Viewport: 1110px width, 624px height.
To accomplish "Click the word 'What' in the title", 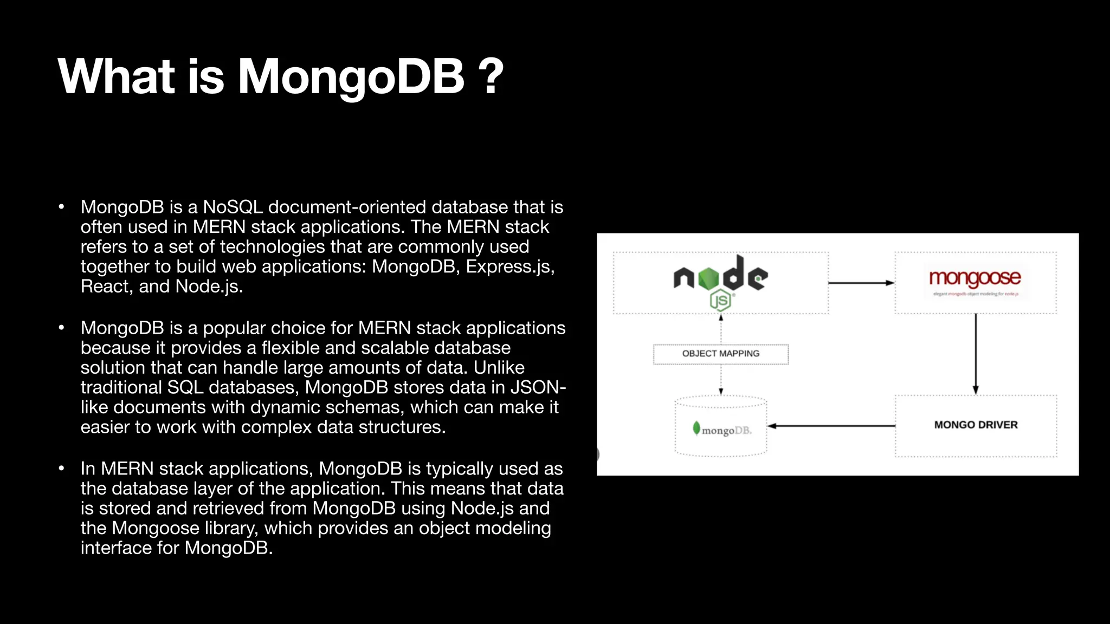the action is click(x=116, y=77).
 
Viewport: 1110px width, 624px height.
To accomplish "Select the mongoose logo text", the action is click(x=975, y=278).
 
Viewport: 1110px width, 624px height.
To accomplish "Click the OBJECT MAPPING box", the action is click(x=721, y=354).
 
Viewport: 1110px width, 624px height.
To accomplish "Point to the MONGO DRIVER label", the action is click(x=976, y=425).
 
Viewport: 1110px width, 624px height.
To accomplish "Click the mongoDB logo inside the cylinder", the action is click(x=722, y=430).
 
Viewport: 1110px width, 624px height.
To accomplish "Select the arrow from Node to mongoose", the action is click(x=861, y=283).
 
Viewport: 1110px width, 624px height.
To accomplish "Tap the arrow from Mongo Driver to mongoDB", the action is click(x=831, y=426).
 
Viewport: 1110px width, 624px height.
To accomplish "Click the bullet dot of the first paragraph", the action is click(x=62, y=207).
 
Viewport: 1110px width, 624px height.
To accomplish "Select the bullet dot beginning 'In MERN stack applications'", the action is click(x=62, y=469).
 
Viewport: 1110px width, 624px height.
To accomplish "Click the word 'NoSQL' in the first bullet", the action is click(x=233, y=207).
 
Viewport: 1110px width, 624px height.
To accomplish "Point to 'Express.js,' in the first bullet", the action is click(x=510, y=266).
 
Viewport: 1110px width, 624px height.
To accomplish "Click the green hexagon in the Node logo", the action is click(x=708, y=278).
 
